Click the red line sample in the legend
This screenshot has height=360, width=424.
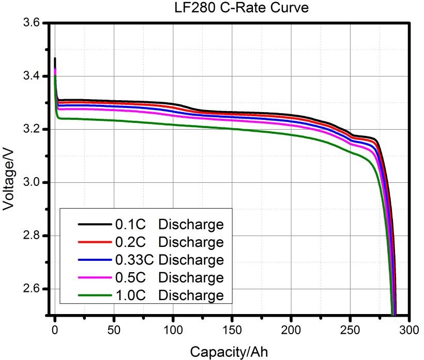[94, 242]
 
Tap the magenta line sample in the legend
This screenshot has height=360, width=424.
[94, 277]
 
